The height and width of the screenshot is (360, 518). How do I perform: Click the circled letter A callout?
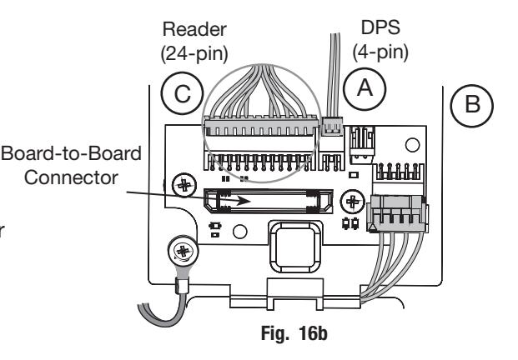click(x=365, y=88)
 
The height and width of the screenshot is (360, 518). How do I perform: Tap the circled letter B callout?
click(x=472, y=106)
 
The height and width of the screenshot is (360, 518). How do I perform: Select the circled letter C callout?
click(x=182, y=93)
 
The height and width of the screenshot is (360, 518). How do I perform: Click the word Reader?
click(x=194, y=29)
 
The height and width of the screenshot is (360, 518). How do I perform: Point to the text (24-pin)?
click(x=194, y=53)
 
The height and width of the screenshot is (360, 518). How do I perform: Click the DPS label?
click(x=380, y=27)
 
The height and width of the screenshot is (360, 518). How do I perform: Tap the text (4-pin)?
click(x=380, y=52)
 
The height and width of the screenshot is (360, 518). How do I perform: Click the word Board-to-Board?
click(x=72, y=153)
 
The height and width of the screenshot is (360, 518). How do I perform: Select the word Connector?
click(x=71, y=177)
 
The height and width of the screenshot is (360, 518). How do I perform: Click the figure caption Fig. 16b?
click(x=294, y=333)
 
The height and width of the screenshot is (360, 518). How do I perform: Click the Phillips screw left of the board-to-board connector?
click(x=184, y=186)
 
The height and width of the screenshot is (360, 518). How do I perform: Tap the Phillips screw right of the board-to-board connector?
click(x=353, y=202)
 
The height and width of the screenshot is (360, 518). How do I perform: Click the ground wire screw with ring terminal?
click(x=183, y=251)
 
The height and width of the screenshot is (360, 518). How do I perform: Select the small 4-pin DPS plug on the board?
click(x=332, y=127)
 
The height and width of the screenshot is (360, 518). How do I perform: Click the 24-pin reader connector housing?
click(x=261, y=127)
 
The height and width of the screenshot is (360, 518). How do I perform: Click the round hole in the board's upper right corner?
click(x=412, y=145)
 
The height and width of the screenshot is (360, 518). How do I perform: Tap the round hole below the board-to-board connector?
click(x=240, y=232)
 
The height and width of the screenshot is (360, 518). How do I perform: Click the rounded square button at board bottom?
click(x=296, y=247)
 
